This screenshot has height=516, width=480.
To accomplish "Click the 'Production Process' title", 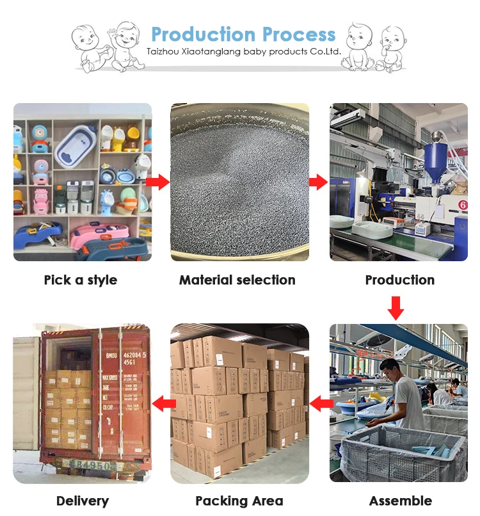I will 243,34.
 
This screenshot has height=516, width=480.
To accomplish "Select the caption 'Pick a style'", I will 81,280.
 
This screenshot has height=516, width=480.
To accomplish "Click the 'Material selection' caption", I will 237,280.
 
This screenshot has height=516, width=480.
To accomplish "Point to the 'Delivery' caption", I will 83,501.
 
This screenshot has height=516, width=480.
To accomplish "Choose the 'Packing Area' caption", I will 239,501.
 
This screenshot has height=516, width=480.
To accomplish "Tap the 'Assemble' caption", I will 401,501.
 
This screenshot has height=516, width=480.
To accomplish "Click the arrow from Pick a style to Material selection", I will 157,182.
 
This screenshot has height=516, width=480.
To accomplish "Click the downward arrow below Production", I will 396,307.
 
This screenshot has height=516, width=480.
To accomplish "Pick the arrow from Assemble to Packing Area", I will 321,403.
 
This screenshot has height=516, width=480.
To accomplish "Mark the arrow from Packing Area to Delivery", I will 164,403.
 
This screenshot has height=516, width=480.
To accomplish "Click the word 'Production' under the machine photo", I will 400,280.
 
